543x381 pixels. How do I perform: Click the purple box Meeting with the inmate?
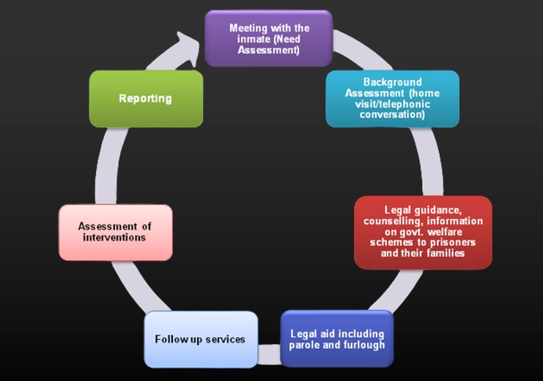[268, 38]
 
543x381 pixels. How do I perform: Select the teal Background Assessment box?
[392, 98]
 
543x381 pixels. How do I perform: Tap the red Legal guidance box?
[423, 232]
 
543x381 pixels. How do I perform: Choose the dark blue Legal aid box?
[336, 339]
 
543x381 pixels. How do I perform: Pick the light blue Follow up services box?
[201, 339]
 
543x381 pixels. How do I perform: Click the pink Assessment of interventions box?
[115, 232]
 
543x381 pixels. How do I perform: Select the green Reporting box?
[145, 98]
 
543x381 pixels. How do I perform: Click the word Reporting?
[145, 98]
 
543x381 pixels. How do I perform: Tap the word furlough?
[364, 345]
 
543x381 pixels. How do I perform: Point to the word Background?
[392, 82]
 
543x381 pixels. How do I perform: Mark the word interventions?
[114, 237]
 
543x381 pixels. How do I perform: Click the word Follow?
[169, 339]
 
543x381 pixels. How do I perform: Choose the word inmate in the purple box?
[245, 40]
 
